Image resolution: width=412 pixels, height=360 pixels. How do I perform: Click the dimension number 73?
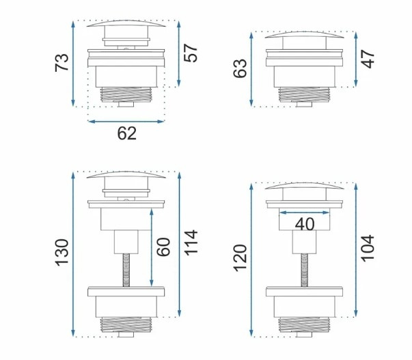(61, 63)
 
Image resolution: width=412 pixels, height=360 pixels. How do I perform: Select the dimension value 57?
(191, 53)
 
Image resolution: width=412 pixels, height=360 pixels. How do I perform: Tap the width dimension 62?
(127, 133)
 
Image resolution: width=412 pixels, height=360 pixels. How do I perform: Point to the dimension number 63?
(240, 68)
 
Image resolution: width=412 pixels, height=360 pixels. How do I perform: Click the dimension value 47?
(368, 59)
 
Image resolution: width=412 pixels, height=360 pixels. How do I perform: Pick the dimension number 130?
(61, 253)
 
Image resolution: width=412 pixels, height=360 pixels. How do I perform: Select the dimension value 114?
(191, 243)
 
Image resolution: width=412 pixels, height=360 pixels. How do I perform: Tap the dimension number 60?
(163, 247)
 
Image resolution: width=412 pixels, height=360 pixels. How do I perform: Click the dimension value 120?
(240, 258)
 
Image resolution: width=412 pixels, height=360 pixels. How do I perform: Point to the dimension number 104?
(368, 249)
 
